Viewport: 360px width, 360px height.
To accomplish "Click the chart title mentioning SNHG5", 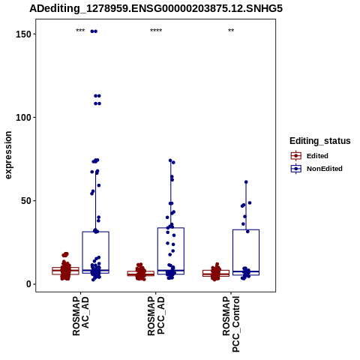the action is coord(156,8).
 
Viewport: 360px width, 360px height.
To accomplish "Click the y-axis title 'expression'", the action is coord(8,155).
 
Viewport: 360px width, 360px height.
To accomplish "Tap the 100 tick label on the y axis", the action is coord(23,117).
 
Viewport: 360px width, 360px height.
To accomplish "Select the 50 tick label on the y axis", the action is coord(26,201).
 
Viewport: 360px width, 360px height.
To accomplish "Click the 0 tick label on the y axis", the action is coord(28,284).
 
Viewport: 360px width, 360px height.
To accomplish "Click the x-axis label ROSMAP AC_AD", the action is coord(80,316).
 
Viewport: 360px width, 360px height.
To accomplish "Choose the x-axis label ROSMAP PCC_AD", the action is coord(156,316).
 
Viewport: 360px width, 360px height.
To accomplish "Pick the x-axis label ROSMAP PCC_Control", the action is coord(231,324).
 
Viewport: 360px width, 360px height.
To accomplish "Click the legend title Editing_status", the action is coord(320,141).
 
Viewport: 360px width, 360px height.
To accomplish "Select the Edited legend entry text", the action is coord(317,156).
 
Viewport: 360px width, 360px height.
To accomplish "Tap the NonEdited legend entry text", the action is coord(325,169).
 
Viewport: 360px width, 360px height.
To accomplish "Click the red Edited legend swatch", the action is coord(296,156).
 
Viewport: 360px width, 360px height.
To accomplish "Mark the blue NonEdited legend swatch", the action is coord(296,169).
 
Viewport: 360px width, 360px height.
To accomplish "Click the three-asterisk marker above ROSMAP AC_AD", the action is coord(80,31).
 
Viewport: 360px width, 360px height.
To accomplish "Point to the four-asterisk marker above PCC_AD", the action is coord(156,31).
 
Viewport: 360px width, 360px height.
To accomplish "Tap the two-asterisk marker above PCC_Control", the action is coord(231,31).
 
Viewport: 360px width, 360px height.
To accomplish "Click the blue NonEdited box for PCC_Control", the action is coord(246,252).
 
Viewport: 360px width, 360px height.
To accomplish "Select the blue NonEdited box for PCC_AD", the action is coord(171,251).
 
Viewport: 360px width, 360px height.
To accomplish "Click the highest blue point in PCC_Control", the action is coord(246,182).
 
